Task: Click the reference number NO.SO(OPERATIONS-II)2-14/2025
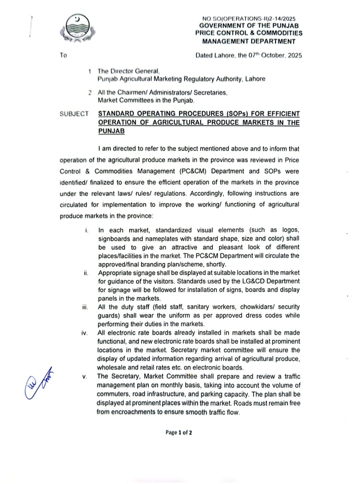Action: (x=249, y=19)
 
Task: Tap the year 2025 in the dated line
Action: (x=295, y=55)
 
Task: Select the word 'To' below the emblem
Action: (x=63, y=55)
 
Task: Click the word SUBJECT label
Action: (x=74, y=114)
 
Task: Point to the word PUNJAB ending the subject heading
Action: (x=111, y=131)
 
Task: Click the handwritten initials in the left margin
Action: (x=38, y=383)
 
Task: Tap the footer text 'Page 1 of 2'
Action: (x=179, y=433)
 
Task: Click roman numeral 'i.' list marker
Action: (x=87, y=230)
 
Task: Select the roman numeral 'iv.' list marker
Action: (x=84, y=333)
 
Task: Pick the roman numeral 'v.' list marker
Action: (x=85, y=377)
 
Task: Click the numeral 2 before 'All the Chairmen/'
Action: (x=90, y=93)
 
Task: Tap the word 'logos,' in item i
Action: (x=291, y=230)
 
